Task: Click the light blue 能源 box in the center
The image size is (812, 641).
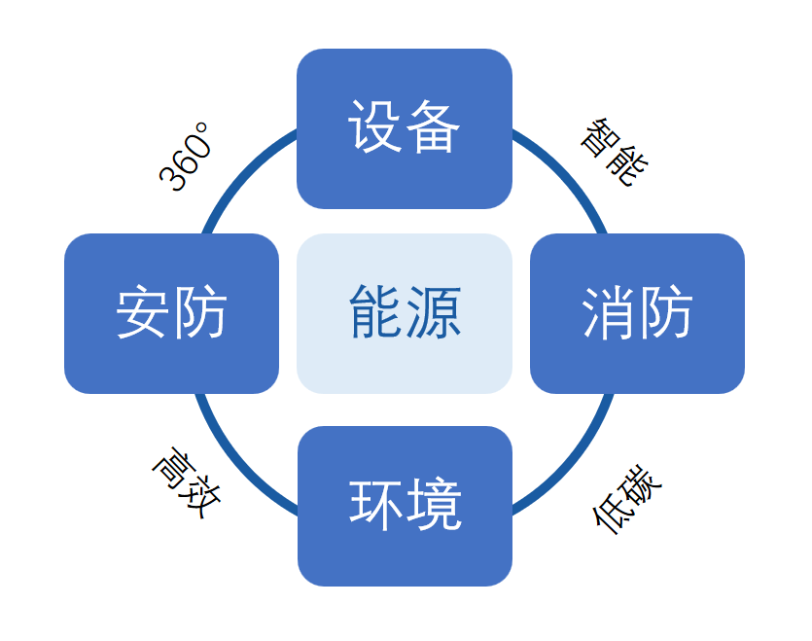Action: click(x=404, y=313)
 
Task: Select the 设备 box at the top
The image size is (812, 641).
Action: click(x=404, y=128)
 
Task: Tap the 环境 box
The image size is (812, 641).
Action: click(x=404, y=506)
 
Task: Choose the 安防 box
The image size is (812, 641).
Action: click(x=171, y=313)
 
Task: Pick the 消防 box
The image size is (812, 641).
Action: click(x=637, y=313)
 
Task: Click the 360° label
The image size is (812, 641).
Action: click(x=186, y=158)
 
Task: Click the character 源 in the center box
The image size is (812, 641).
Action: click(x=434, y=313)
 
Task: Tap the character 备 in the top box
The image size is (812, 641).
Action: click(x=432, y=128)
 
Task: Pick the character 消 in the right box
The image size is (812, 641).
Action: click(x=608, y=313)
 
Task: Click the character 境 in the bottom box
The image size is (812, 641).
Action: click(x=434, y=506)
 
